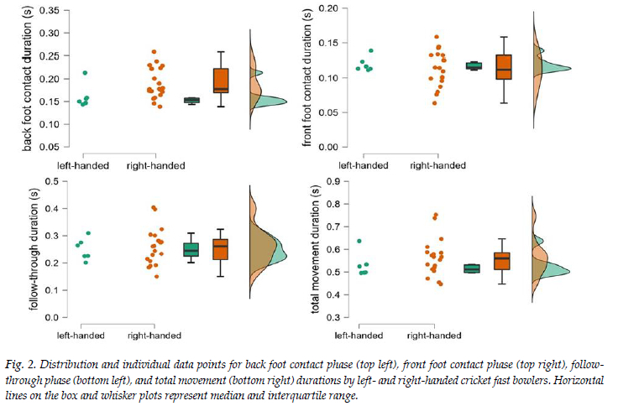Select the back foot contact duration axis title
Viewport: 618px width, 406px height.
pos(28,80)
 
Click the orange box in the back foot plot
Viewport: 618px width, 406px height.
pos(221,81)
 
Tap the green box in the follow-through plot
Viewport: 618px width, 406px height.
pos(191,249)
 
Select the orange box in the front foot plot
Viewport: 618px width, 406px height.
pos(504,67)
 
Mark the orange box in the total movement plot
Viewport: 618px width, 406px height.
pos(501,261)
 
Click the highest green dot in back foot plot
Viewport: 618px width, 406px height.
pos(85,73)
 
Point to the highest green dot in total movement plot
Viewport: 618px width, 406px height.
pos(359,242)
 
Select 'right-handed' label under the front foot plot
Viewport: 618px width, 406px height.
pos(437,165)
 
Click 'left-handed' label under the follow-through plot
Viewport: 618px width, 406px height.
pos(82,336)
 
